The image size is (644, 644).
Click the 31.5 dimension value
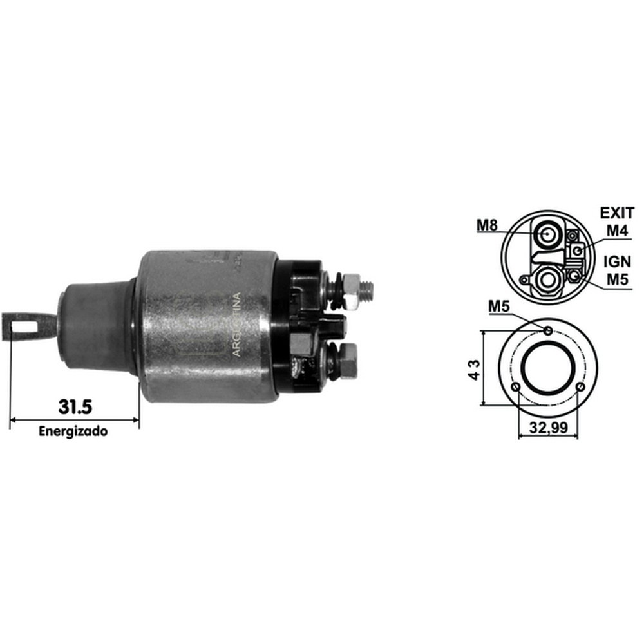[75, 406]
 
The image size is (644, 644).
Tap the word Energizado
[73, 431]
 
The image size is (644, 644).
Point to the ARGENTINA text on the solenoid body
[236, 325]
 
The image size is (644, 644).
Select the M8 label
[487, 225]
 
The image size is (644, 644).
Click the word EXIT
[617, 213]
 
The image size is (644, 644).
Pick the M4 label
[618, 231]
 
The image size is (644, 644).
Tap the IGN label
[618, 261]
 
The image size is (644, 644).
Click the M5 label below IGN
[618, 279]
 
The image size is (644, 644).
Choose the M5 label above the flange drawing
[499, 307]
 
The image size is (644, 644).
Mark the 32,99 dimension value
[548, 428]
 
